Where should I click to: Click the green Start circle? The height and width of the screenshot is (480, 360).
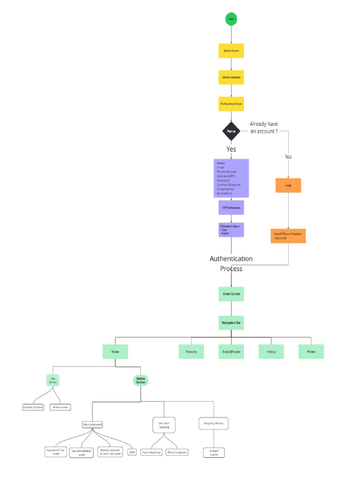click(231, 19)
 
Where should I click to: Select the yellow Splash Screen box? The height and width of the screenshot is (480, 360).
click(231, 51)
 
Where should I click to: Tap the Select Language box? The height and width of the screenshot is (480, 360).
click(231, 77)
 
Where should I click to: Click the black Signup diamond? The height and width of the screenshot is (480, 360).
click(231, 131)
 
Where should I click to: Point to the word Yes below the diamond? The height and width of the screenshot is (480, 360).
click(231, 149)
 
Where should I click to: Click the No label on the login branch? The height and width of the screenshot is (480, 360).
click(288, 157)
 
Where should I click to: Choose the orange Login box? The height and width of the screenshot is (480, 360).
click(288, 186)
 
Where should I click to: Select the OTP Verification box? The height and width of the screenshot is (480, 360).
click(231, 207)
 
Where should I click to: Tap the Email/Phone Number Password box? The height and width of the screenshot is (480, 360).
click(288, 236)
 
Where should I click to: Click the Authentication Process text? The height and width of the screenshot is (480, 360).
click(231, 263)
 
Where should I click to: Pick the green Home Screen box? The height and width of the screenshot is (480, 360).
click(231, 294)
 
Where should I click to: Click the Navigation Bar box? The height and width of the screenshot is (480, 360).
click(231, 322)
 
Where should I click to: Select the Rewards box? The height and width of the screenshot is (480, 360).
click(191, 352)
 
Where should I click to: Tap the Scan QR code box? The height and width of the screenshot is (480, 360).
click(231, 352)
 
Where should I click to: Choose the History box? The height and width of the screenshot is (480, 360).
click(271, 352)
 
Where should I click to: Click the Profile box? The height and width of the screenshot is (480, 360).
click(311, 352)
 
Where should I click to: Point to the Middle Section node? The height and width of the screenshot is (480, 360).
click(141, 380)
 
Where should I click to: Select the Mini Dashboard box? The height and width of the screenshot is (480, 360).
click(92, 425)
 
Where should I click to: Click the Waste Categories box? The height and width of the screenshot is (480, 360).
click(177, 452)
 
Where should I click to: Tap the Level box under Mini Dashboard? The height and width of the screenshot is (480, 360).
click(132, 452)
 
